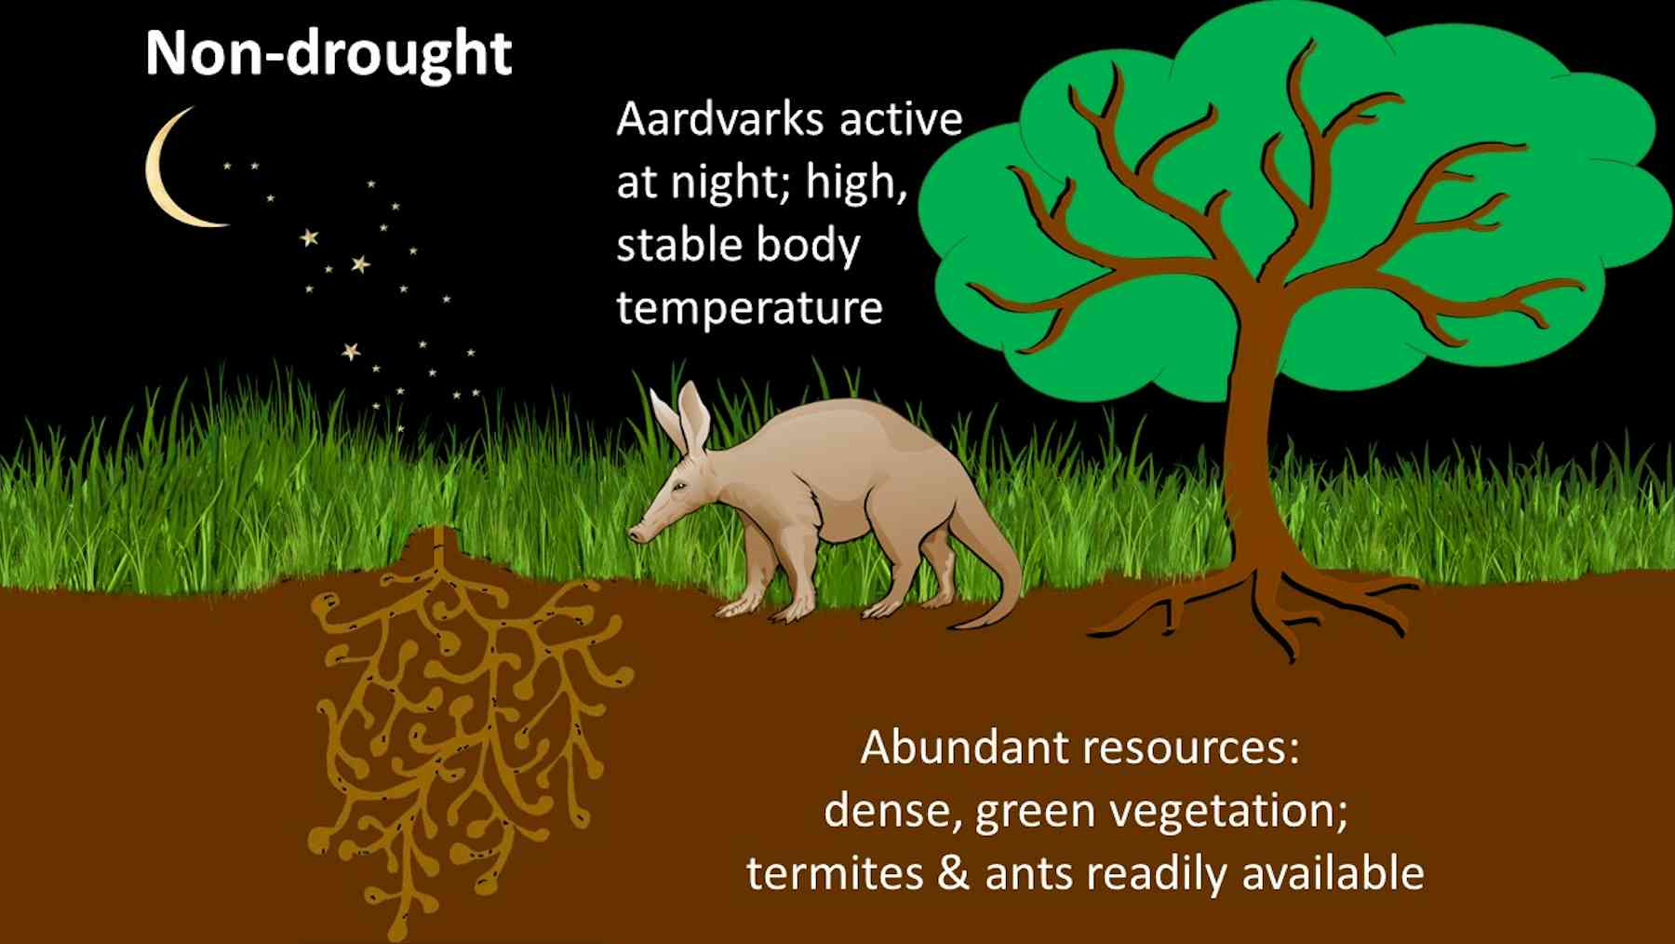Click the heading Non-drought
coord(328,53)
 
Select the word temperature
coord(749,307)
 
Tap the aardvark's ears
coord(684,414)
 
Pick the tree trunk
coord(1252,447)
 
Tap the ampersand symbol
coord(953,873)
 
